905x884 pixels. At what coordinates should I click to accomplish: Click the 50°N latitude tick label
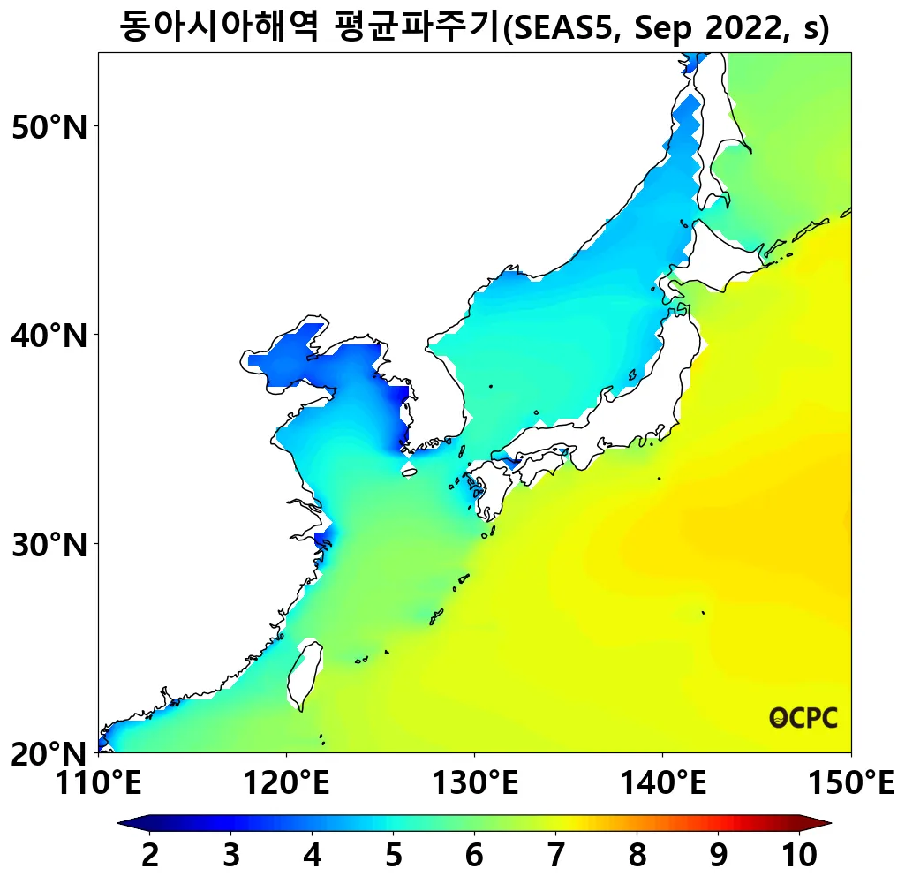click(x=49, y=127)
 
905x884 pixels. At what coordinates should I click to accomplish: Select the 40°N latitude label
click(x=49, y=336)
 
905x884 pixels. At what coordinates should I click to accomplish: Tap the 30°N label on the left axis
click(x=49, y=544)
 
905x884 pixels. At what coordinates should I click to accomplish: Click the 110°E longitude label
click(x=98, y=782)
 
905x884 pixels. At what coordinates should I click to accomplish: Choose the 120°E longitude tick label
click(x=286, y=782)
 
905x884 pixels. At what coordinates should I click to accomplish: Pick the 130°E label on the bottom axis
click(x=474, y=782)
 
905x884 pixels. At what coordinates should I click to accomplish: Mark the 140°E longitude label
click(x=662, y=782)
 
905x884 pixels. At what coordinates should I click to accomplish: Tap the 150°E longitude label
click(x=850, y=782)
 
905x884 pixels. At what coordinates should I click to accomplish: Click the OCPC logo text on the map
click(x=803, y=718)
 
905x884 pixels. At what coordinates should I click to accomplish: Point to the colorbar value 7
click(x=555, y=855)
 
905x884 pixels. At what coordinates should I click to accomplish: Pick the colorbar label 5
click(x=393, y=855)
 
